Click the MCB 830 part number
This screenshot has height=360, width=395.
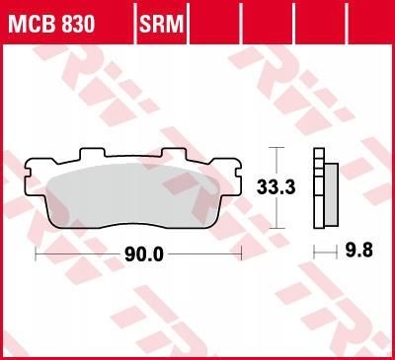point(51,24)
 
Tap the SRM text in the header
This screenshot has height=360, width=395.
point(161,24)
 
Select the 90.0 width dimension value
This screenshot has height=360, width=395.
point(144,254)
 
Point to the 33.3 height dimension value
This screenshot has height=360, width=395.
point(276,187)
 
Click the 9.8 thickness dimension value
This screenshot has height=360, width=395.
point(359,251)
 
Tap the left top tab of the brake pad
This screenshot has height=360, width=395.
point(93,152)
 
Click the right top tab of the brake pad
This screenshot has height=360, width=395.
point(174,152)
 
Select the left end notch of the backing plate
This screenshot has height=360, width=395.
point(28,173)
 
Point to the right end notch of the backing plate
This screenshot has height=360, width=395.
point(239,173)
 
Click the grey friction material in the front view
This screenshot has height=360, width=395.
point(133,195)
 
